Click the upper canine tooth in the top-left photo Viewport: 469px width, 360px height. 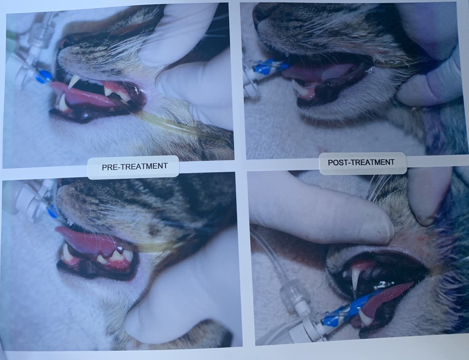pyautogui.click(x=74, y=82)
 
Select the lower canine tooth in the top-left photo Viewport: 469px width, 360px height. pyautogui.click(x=62, y=103)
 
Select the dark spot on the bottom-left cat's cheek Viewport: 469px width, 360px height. pyautogui.click(x=154, y=230)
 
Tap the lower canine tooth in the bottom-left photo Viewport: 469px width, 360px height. pyautogui.click(x=67, y=253)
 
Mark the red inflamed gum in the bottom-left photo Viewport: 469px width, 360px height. pyautogui.click(x=119, y=263)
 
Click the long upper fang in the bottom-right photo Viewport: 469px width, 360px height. pyautogui.click(x=356, y=278)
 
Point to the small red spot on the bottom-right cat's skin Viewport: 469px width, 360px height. pyautogui.click(x=422, y=238)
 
